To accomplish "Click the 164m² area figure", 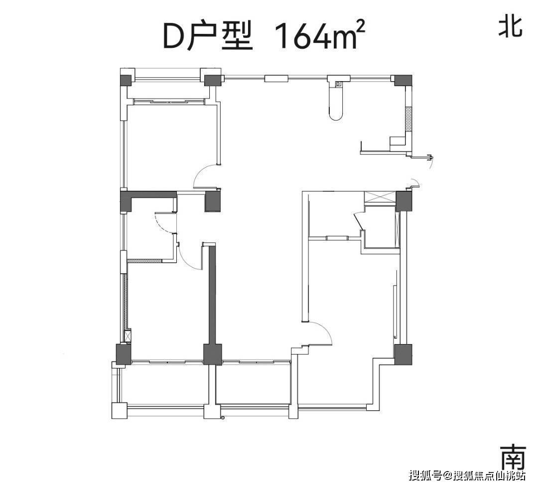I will click(x=316, y=36).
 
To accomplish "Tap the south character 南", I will click(x=512, y=455).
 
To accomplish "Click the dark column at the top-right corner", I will click(x=403, y=80).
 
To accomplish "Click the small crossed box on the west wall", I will click(x=128, y=337).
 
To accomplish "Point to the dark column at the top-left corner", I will click(x=125, y=81).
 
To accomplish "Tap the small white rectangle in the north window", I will click(x=276, y=78).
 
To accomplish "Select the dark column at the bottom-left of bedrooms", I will click(x=123, y=354).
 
